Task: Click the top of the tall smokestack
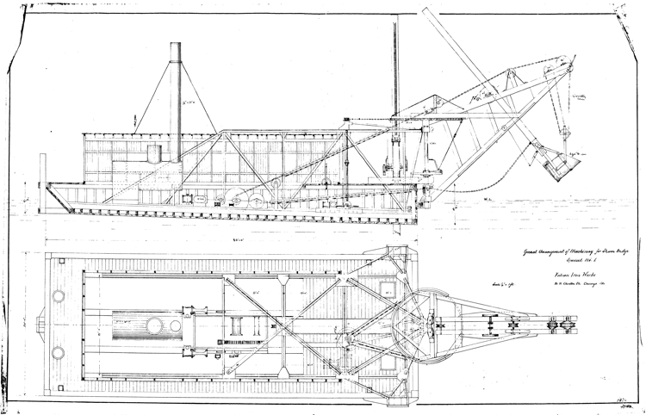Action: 176,45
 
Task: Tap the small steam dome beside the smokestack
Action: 154,154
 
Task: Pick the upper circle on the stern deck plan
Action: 59,296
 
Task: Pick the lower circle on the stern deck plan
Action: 59,352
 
